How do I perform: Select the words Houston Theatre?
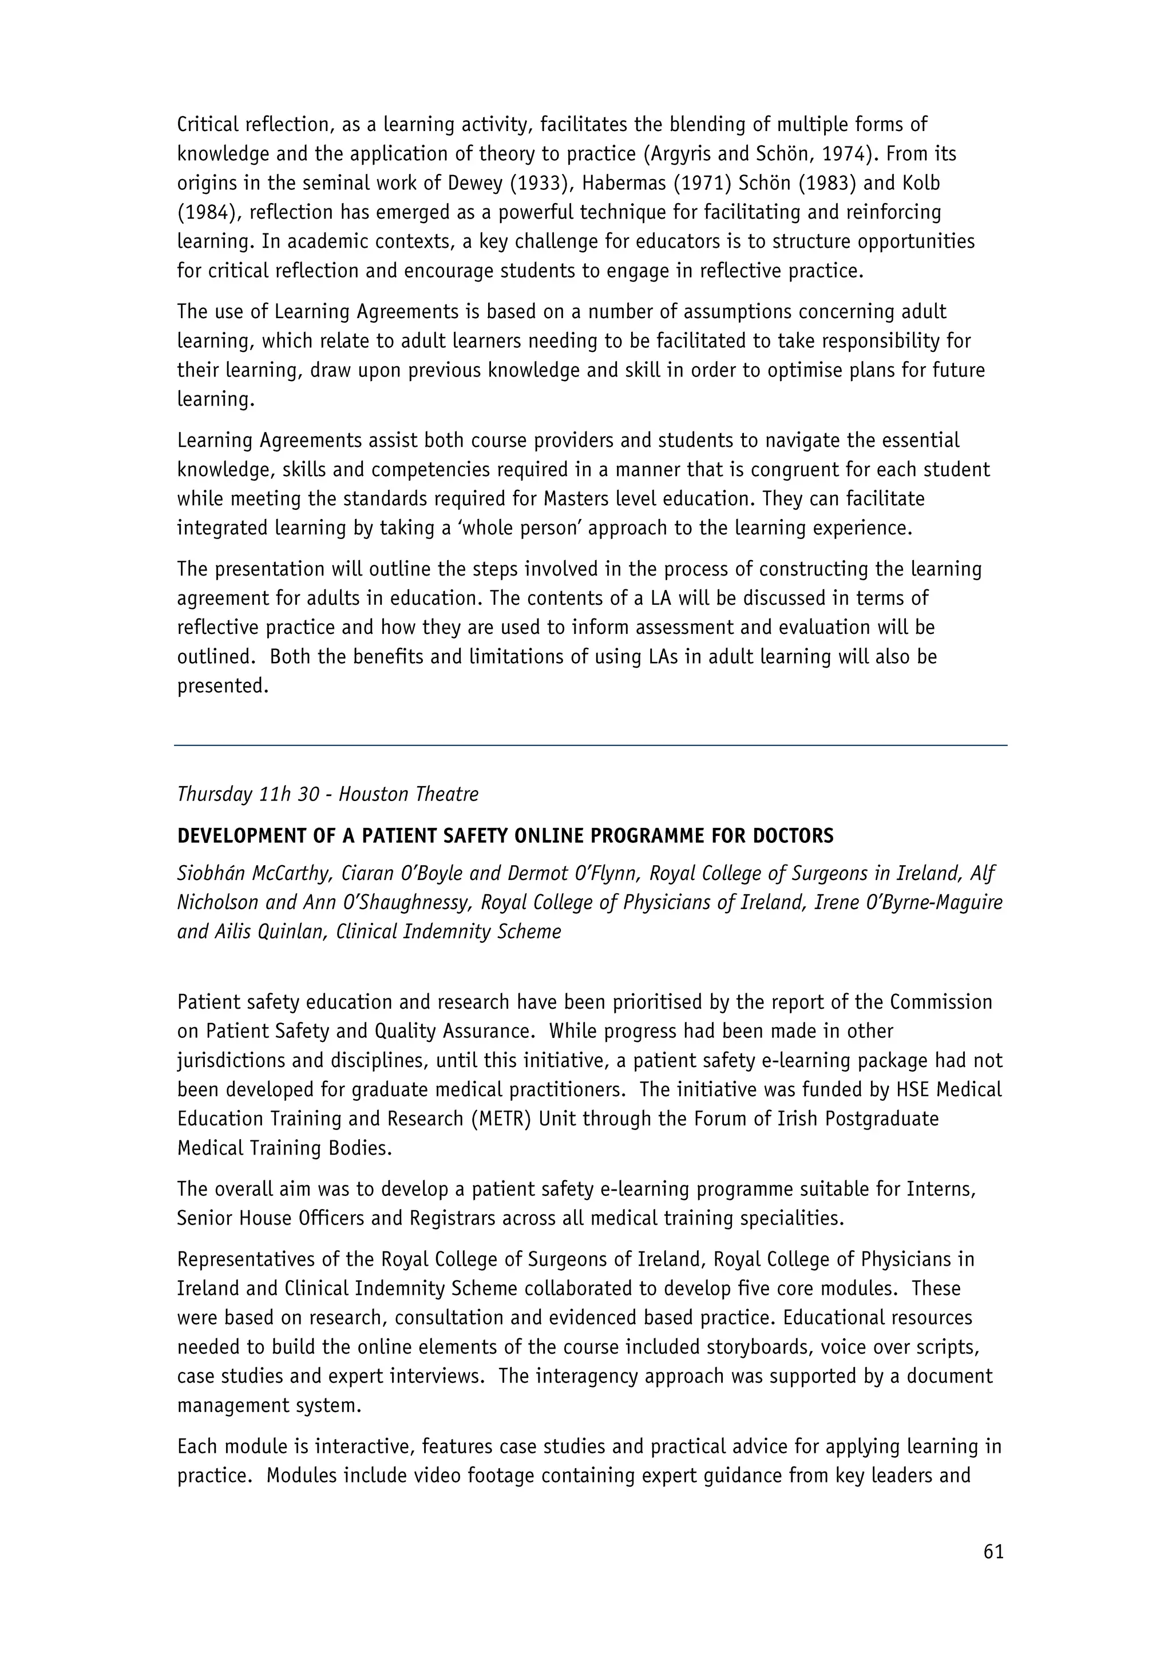409,795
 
